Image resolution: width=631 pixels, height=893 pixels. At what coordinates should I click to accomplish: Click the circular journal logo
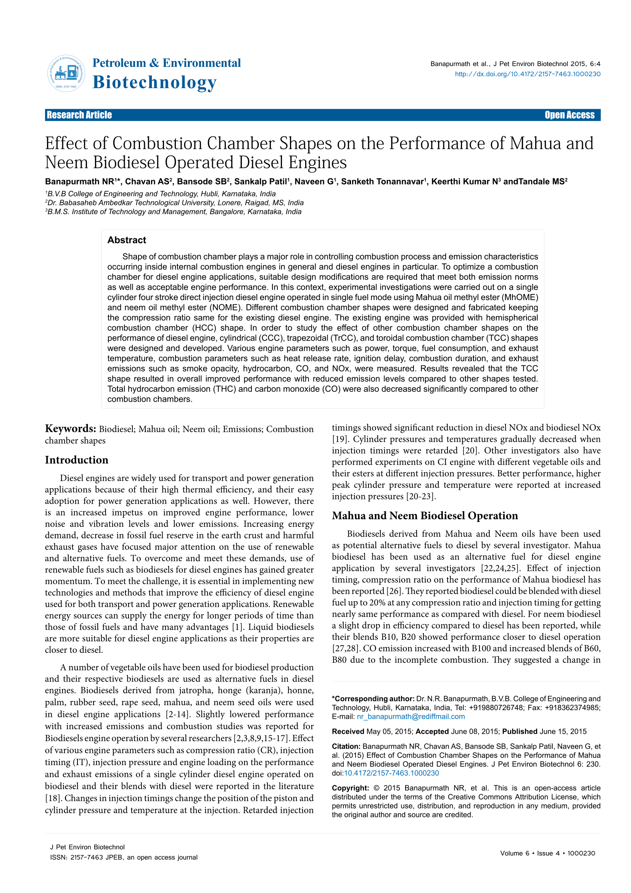[66, 74]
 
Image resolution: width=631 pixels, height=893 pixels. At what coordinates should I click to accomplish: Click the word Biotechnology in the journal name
[154, 82]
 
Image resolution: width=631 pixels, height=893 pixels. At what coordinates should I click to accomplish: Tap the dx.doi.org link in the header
[527, 74]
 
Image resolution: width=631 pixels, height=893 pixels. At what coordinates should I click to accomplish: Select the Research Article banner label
[79, 115]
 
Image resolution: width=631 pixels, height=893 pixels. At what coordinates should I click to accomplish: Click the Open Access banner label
[569, 115]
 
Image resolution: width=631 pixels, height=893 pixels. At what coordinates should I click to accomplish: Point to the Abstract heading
[127, 240]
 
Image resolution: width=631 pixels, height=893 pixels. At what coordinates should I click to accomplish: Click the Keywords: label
[70, 429]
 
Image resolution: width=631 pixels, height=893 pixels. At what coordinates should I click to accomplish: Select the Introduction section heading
[77, 460]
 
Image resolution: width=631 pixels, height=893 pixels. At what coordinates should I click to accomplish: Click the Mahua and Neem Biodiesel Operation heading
[425, 516]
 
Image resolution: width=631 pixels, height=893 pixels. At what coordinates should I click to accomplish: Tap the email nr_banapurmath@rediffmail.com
[411, 716]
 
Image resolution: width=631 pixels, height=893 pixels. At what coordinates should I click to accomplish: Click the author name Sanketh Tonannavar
[382, 182]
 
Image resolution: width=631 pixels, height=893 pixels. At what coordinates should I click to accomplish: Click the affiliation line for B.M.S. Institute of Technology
[173, 212]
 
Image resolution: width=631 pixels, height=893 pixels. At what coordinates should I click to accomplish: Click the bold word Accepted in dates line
[432, 732]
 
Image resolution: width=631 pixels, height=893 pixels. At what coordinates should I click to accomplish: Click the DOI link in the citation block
[391, 773]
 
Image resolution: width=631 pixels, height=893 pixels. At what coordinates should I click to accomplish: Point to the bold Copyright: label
[350, 788]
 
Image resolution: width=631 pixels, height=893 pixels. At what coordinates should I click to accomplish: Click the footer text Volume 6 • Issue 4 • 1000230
[547, 853]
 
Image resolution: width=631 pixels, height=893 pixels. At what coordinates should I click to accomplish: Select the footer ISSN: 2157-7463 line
[124, 857]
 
